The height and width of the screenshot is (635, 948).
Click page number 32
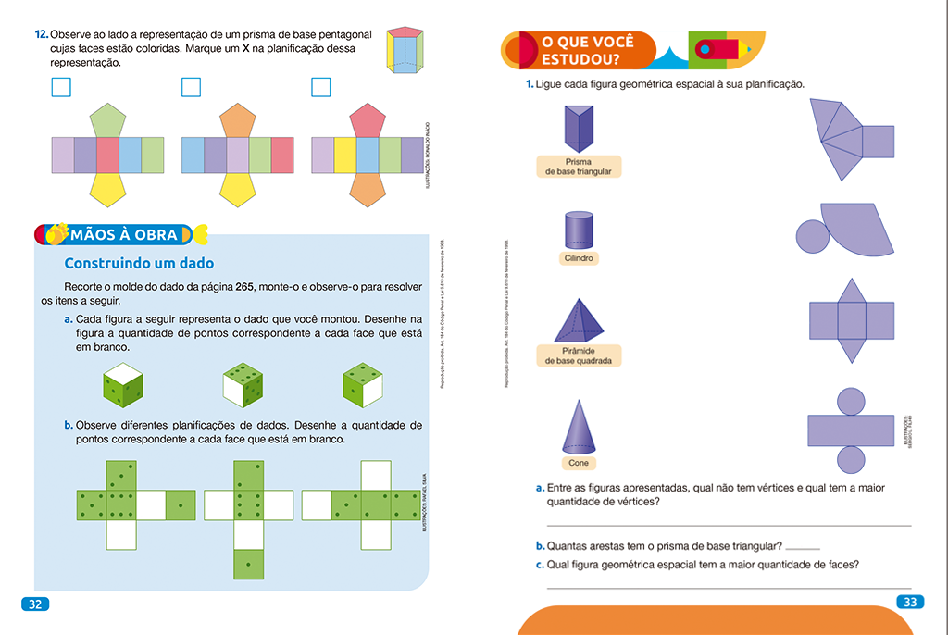[x=34, y=604]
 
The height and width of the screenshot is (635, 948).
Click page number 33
[x=909, y=603]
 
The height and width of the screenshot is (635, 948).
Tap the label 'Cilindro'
[x=578, y=258]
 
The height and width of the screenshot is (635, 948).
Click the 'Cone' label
[x=578, y=463]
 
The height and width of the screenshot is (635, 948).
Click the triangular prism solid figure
[x=578, y=128]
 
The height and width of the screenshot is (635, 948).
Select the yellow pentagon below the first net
[x=108, y=190]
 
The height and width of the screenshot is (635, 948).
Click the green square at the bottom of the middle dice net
[x=247, y=563]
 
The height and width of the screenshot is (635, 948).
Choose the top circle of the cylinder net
[x=851, y=400]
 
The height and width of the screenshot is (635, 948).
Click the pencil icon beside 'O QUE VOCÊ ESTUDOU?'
[x=727, y=47]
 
